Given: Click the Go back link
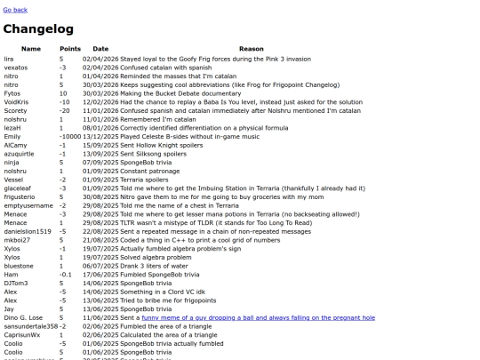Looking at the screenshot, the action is coord(15,10).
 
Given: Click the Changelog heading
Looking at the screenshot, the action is coord(42,29).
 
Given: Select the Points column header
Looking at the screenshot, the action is coord(70,48).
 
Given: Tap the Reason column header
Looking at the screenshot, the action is coord(252,48).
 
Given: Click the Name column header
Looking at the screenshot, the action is coord(31,48).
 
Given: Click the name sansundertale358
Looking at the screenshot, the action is coord(30,326).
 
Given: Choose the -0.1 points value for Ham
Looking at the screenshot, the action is coord(65,275).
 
